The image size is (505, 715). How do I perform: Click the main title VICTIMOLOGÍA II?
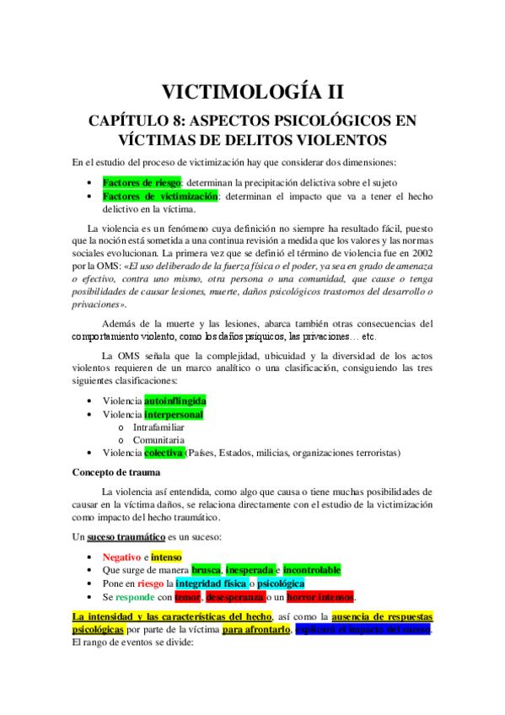click(252, 91)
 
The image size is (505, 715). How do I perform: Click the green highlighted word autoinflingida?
click(175, 401)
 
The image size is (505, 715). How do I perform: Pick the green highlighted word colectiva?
click(164, 453)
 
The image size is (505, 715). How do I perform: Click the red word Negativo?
click(121, 556)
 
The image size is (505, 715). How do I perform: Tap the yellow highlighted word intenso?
click(166, 556)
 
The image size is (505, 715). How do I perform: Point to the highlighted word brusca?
click(207, 570)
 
